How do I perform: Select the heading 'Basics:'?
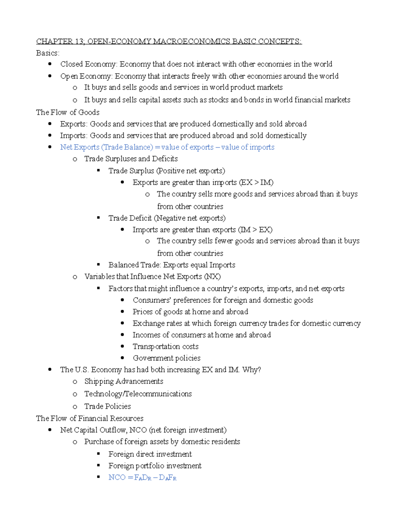coord(48,53)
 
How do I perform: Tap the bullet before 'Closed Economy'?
coord(50,64)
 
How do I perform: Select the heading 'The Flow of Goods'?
coord(68,112)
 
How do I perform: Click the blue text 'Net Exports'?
coord(80,147)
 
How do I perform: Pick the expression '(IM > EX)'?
coord(255,230)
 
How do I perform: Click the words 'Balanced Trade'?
coord(134,265)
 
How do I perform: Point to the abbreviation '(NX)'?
coord(212,277)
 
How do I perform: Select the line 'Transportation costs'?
coord(165,347)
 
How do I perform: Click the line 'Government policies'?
coord(166,358)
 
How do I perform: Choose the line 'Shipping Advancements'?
coord(124,382)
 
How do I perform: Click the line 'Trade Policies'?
coord(108,407)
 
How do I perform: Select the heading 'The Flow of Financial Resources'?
coord(90,419)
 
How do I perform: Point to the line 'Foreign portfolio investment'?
coord(155,466)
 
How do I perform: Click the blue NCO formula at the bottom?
coord(142,478)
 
